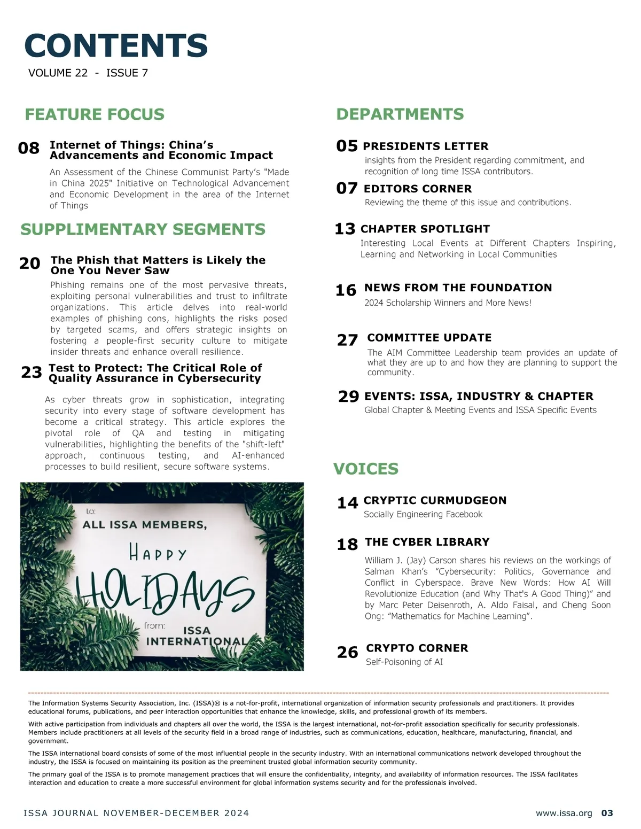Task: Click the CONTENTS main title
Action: pyautogui.click(x=116, y=45)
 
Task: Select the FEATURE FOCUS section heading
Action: pyautogui.click(x=95, y=114)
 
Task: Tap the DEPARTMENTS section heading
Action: pyautogui.click(x=400, y=114)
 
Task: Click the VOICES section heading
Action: pyautogui.click(x=365, y=469)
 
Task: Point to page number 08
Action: pyautogui.click(x=29, y=148)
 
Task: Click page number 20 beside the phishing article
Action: pyautogui.click(x=30, y=264)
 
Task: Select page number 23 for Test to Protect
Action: pyautogui.click(x=32, y=372)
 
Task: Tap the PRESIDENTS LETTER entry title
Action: pyautogui.click(x=425, y=146)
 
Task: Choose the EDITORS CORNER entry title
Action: pyautogui.click(x=418, y=189)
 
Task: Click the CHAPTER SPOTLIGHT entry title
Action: pyautogui.click(x=425, y=229)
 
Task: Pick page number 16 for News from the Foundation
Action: pyautogui.click(x=346, y=290)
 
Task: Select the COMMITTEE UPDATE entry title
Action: pyautogui.click(x=429, y=338)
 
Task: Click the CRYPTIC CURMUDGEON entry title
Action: pyautogui.click(x=435, y=500)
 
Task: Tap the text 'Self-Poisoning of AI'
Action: pyautogui.click(x=404, y=662)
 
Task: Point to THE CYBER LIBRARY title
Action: pyautogui.click(x=427, y=542)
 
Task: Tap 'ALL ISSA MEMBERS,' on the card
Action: pyautogui.click(x=144, y=525)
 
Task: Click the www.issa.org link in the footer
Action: pyautogui.click(x=564, y=813)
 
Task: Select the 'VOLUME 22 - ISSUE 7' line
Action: pyautogui.click(x=88, y=73)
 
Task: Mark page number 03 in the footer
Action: pyautogui.click(x=607, y=813)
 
